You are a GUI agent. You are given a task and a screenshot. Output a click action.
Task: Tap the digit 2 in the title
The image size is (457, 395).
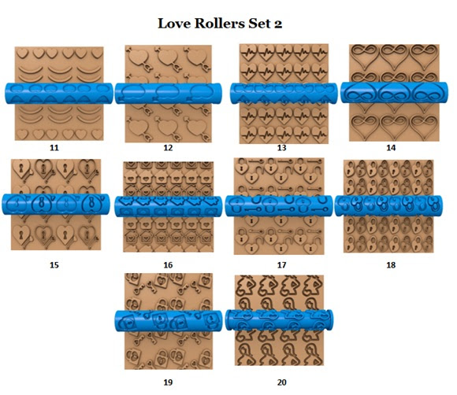click(x=278, y=24)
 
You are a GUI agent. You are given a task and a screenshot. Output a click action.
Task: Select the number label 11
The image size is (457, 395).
click(x=54, y=148)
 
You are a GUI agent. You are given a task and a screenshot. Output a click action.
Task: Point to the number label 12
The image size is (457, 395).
click(x=168, y=148)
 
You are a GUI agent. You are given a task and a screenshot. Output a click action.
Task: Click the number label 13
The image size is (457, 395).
click(x=281, y=148)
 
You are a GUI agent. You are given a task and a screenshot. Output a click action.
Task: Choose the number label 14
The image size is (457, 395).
click(x=391, y=148)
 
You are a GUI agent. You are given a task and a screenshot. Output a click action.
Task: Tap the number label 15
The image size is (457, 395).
click(x=54, y=265)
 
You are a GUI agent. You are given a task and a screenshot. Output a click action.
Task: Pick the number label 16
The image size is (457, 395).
click(x=168, y=265)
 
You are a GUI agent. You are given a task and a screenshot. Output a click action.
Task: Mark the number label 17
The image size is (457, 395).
click(x=281, y=265)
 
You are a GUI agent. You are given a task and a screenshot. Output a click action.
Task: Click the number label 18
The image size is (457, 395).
click(x=391, y=265)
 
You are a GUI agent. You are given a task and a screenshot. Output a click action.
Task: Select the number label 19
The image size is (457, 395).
click(x=168, y=382)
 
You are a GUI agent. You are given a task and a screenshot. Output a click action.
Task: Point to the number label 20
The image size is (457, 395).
click(x=281, y=382)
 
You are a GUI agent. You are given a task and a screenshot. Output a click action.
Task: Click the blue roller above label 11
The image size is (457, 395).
click(x=59, y=93)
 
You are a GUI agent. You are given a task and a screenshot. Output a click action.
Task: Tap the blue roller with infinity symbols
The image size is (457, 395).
click(x=394, y=93)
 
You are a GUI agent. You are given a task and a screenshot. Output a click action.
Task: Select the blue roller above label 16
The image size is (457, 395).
click(x=169, y=206)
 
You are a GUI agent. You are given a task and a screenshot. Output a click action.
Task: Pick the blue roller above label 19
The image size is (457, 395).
click(x=169, y=321)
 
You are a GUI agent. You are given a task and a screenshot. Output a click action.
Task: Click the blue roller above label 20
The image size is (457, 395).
click(x=280, y=320)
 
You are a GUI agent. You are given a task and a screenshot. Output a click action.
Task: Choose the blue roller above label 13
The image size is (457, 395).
click(x=284, y=94)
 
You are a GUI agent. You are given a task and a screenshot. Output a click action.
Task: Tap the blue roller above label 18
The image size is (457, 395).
click(x=388, y=206)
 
